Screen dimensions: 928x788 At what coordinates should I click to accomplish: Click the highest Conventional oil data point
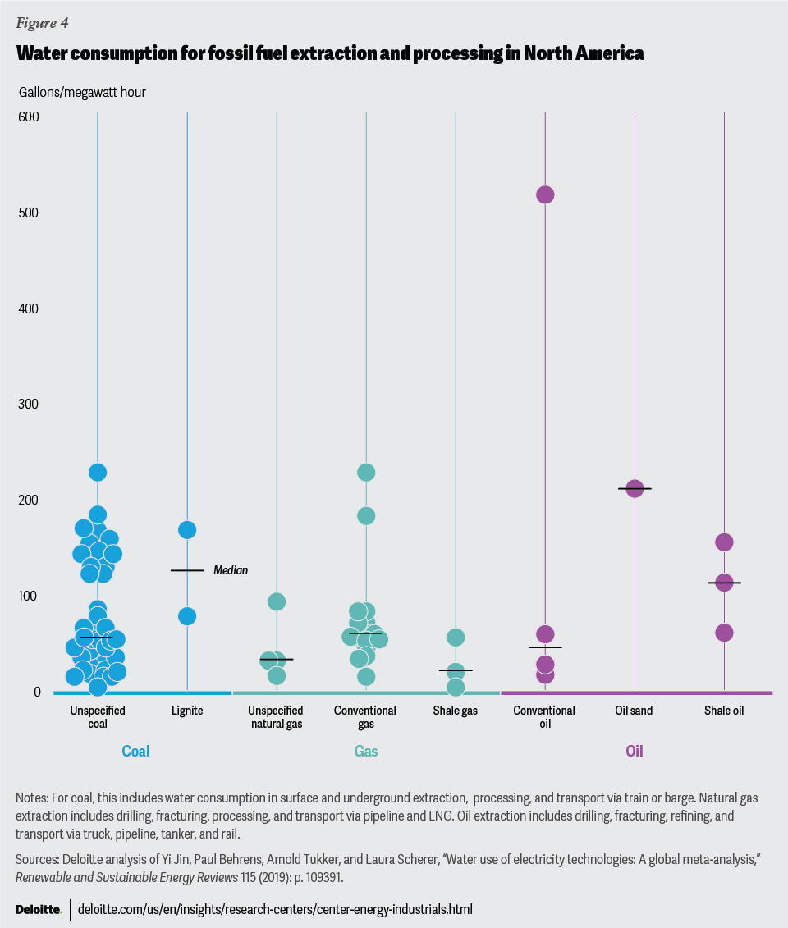(545, 194)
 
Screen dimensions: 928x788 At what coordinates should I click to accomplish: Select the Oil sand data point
(635, 489)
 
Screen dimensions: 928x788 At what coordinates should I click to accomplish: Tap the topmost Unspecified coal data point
(98, 473)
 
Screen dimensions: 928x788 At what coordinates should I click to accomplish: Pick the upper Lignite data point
(187, 530)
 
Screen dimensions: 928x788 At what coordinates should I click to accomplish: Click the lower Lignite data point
(187, 616)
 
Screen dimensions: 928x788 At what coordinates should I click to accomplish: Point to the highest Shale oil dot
(724, 542)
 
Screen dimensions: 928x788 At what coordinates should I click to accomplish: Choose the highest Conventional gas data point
(366, 473)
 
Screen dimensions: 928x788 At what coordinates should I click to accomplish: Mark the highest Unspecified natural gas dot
(277, 602)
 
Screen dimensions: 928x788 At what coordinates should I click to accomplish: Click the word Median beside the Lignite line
(231, 570)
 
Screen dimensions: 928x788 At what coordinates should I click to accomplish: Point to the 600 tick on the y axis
(30, 117)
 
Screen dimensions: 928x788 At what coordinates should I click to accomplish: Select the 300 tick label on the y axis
(30, 405)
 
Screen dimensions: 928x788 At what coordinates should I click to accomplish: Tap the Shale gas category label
(456, 711)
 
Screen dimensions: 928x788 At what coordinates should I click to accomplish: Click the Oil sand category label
(635, 711)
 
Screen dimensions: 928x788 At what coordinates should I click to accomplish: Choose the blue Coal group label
(135, 751)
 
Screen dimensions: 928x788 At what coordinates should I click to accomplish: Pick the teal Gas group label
(366, 751)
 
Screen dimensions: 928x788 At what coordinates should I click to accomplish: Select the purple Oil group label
(635, 751)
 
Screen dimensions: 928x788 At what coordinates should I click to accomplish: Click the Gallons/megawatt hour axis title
(82, 92)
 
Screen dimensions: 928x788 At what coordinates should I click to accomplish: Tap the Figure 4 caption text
(42, 22)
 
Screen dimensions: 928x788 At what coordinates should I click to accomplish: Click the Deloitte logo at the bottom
(39, 909)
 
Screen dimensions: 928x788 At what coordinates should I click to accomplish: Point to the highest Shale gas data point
(456, 638)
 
